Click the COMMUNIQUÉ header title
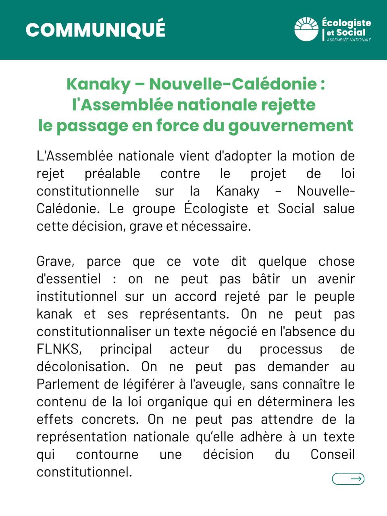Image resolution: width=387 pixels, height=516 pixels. (x=96, y=29)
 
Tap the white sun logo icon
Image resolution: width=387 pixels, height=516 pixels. (x=306, y=29)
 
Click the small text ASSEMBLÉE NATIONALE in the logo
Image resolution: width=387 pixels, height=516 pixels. (x=349, y=40)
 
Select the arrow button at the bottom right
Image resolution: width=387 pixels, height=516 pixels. (x=348, y=479)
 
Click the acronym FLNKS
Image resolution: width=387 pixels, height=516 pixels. (x=59, y=349)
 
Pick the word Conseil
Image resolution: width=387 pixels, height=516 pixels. (x=333, y=454)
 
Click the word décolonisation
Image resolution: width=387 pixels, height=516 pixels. (x=83, y=367)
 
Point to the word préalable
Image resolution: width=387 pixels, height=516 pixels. (x=112, y=174)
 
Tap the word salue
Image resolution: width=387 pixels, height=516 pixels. (x=339, y=209)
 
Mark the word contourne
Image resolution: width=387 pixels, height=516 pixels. (x=107, y=454)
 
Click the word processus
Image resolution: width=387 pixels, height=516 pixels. (x=291, y=349)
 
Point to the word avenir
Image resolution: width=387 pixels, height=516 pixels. (x=336, y=279)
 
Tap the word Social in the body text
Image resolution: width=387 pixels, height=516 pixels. (x=296, y=209)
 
